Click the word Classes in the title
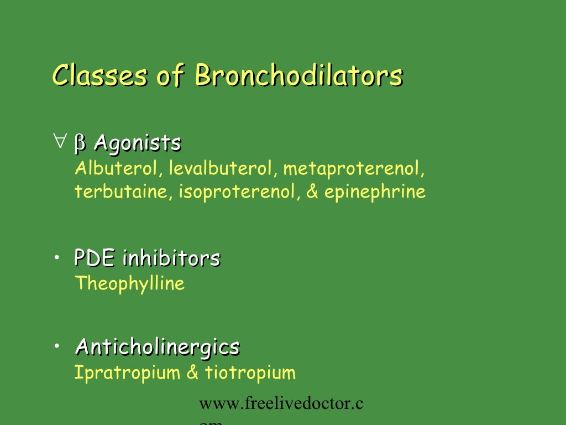99,76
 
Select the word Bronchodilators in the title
298,76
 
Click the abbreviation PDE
95,258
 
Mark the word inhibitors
171,258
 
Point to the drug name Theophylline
129,284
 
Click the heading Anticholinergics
158,348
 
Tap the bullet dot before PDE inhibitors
57,257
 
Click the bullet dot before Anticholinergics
57,346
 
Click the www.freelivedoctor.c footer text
281,405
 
